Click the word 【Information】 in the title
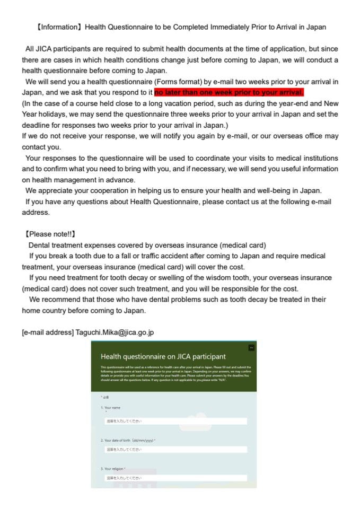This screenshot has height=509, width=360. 58,27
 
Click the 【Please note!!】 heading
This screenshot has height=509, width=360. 48,233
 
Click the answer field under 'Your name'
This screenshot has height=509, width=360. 175,421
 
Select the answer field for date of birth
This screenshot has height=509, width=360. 175,450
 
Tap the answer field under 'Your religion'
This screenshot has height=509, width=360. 175,478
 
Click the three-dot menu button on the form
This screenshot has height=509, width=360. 251,347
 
